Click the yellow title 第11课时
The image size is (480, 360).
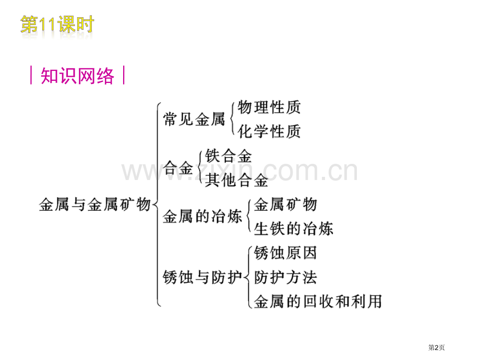[x=57, y=25]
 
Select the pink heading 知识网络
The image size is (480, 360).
[x=77, y=76]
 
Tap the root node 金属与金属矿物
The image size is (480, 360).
[x=95, y=204]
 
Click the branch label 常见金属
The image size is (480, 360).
[x=194, y=119]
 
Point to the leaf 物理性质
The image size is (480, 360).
[x=269, y=107]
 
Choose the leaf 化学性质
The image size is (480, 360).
[x=269, y=131]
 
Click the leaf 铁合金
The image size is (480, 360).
[x=229, y=156]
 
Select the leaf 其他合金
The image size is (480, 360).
[x=236, y=180]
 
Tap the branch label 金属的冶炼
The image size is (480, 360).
[x=202, y=217]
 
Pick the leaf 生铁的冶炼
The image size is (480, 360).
[x=294, y=229]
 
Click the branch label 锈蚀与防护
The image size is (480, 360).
[x=202, y=278]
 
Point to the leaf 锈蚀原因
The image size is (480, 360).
[x=285, y=253]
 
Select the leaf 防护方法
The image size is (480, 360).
[x=285, y=278]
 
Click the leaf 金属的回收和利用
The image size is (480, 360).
[x=318, y=302]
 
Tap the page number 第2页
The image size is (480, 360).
[x=436, y=347]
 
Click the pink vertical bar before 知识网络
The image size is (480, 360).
[x=31, y=75]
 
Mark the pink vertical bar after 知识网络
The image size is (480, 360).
[x=124, y=75]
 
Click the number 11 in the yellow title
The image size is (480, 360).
[x=47, y=25]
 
